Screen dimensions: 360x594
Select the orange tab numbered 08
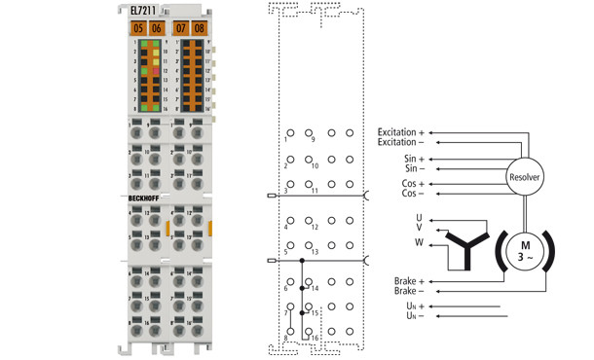click(x=199, y=28)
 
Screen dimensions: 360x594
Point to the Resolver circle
click(x=525, y=177)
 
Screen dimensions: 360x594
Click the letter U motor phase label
click(x=418, y=217)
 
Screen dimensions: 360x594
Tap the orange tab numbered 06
click(x=157, y=28)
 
